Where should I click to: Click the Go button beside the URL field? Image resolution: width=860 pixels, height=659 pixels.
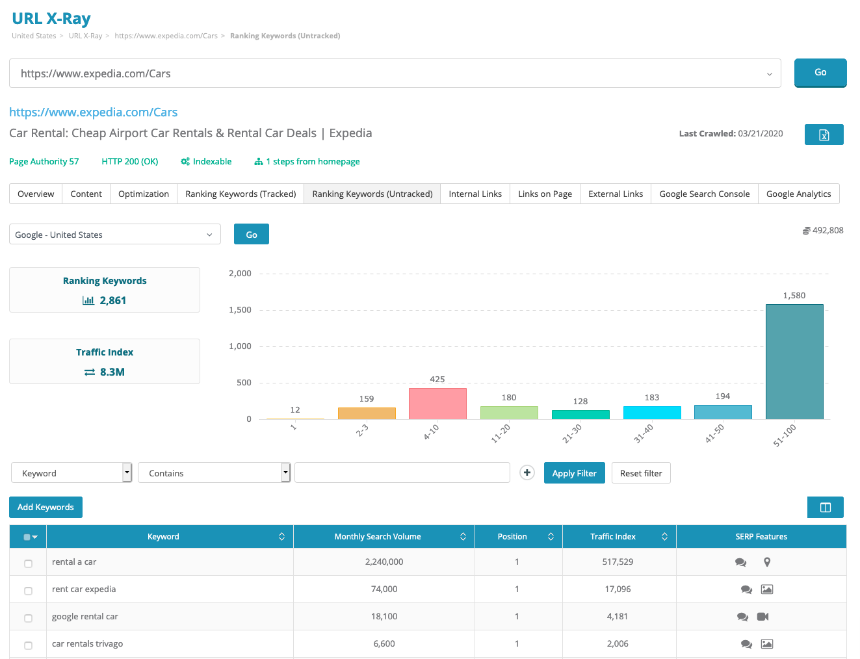click(x=820, y=73)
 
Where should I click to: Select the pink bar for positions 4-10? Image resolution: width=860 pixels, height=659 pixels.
click(x=437, y=404)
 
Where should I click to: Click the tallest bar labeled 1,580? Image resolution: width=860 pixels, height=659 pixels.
click(x=794, y=361)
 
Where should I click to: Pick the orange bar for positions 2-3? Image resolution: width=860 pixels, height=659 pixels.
click(x=367, y=413)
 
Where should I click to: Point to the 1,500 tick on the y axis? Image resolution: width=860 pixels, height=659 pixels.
click(x=240, y=310)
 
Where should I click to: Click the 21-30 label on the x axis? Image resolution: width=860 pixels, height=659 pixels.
click(x=572, y=433)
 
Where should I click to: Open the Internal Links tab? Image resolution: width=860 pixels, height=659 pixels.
click(x=475, y=194)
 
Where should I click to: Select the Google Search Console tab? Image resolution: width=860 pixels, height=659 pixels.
click(x=704, y=194)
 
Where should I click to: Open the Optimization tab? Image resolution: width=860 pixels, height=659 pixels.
click(x=144, y=194)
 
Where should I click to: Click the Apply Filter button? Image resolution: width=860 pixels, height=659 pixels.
click(x=574, y=473)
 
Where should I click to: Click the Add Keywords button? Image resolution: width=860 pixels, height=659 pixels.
click(x=46, y=507)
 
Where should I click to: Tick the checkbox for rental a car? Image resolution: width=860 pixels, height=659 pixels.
click(x=28, y=563)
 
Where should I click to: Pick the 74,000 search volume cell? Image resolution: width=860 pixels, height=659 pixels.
click(x=384, y=589)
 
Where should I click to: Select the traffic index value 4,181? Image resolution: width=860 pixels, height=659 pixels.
click(x=618, y=617)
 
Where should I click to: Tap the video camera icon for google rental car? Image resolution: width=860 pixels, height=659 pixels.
click(x=763, y=617)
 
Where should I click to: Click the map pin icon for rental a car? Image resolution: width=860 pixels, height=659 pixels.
click(x=767, y=562)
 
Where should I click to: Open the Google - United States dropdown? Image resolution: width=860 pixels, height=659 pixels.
click(x=114, y=235)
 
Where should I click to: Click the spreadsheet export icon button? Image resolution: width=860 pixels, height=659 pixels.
click(x=824, y=135)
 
